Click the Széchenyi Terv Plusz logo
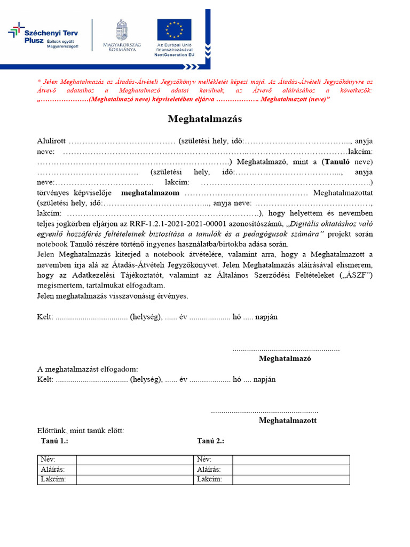pos(44,36)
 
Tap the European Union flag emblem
pos(174,30)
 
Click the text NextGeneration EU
pos(174,54)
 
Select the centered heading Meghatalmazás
pos(205,119)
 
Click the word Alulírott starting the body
pos(51,141)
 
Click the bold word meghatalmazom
pos(150,192)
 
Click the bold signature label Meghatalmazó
pos(285,358)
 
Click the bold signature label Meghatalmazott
pos(287,420)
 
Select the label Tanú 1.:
pos(54,441)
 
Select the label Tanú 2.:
pos(210,441)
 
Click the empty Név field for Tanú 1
pos(134,460)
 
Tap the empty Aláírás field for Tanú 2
pos(291,470)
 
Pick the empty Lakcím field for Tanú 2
pos(291,479)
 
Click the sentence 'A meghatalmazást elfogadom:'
pos(87,369)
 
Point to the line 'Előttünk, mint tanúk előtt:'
pos(81,431)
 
